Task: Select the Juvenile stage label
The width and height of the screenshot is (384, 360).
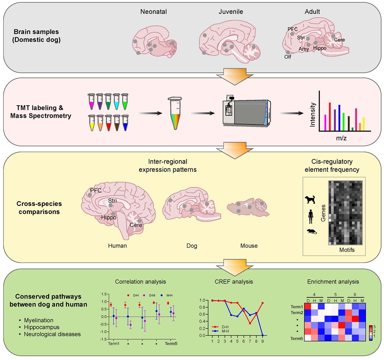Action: tap(231, 12)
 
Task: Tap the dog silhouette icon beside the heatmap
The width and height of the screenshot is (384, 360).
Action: tap(310, 200)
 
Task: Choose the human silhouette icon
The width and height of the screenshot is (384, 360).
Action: tap(310, 216)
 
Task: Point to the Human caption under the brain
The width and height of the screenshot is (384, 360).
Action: tap(118, 246)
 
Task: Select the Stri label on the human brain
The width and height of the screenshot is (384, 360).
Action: tap(113, 200)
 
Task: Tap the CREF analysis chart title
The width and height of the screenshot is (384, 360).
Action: tap(240, 282)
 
